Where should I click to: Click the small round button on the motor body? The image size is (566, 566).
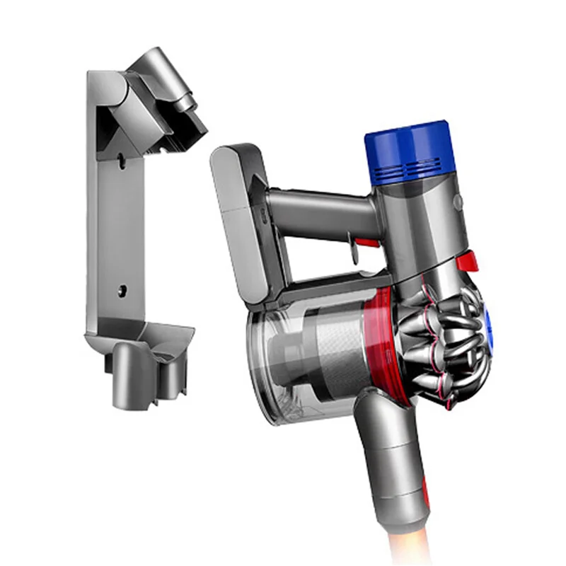pos(458,201)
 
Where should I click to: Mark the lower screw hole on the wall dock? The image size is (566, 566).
pos(122,289)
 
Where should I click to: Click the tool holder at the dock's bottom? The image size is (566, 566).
pos(141,361)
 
